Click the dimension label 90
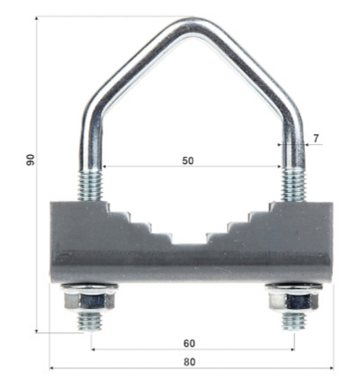click(x=31, y=159)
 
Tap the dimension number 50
click(x=188, y=160)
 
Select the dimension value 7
click(x=316, y=139)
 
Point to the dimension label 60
click(x=189, y=343)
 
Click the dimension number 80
click(x=189, y=362)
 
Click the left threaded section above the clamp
click(x=91, y=185)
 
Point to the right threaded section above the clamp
click(x=293, y=186)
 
